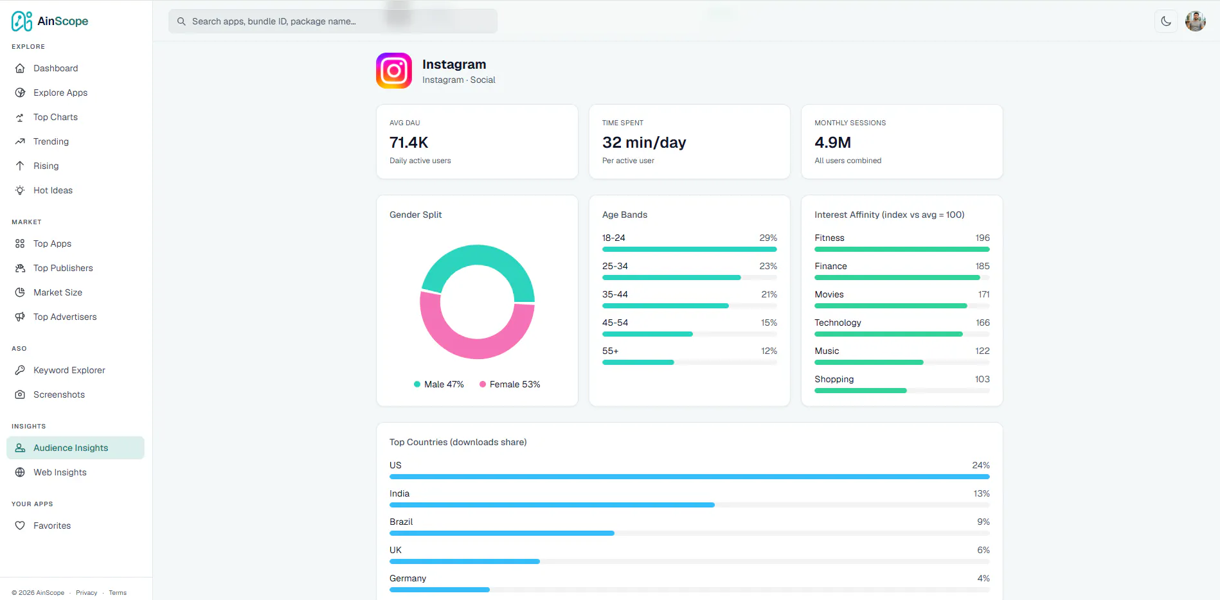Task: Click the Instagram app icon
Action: [394, 71]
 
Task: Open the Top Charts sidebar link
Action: [55, 117]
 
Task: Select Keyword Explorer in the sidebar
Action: [69, 370]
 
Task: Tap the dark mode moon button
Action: [1166, 21]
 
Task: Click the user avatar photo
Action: [1196, 21]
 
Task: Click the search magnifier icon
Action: [181, 21]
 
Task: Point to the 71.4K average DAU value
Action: [409, 142]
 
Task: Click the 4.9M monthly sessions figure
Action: [832, 142]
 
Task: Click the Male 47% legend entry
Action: [438, 384]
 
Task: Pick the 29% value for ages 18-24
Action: [768, 238]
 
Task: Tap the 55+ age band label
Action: [610, 351]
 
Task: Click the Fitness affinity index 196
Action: [982, 238]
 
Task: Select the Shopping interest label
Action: [834, 379]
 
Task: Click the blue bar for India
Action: [552, 505]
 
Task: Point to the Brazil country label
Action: [401, 522]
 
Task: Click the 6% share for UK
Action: [983, 550]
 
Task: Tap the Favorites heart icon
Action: [20, 525]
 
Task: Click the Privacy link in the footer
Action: [86, 593]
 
